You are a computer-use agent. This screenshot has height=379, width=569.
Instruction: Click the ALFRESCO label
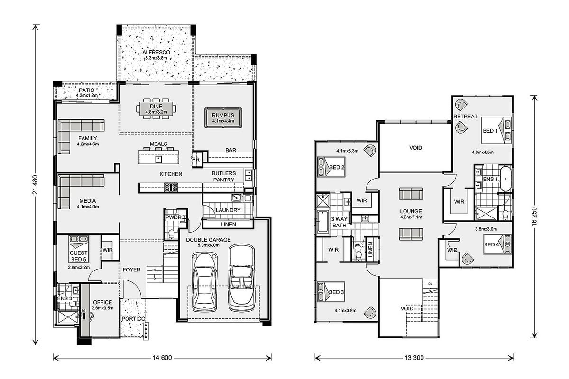point(156,52)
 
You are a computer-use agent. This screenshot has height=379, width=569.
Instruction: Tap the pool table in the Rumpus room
point(223,117)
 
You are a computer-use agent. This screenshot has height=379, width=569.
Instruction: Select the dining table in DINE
point(156,108)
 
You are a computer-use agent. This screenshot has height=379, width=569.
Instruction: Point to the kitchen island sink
point(158,160)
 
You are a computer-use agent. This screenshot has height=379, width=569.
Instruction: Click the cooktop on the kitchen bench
point(171,187)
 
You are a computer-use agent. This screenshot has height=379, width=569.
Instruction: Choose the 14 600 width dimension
point(162,358)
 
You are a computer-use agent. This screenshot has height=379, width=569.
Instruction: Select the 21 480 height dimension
point(35,185)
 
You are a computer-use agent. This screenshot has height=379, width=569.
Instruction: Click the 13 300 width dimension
point(414,358)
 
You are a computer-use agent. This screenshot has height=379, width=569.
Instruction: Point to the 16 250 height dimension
point(534,217)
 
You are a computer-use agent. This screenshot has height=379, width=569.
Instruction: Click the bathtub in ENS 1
point(505,179)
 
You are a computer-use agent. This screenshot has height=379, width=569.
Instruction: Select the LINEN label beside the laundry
point(228,225)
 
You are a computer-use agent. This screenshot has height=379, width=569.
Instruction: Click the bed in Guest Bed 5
point(79,249)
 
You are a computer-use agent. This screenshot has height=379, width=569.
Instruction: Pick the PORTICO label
point(133,319)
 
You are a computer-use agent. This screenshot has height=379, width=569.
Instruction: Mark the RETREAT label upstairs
point(465,117)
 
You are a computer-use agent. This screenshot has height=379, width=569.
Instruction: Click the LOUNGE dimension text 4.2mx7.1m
point(411,217)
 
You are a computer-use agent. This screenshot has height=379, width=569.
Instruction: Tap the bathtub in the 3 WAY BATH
point(322,221)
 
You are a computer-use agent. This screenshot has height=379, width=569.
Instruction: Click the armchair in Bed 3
point(369,313)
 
